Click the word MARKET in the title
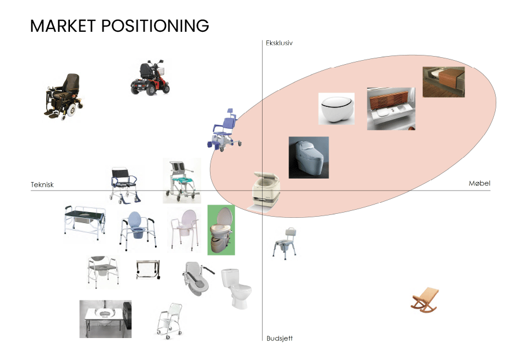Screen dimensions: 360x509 coord(62,26)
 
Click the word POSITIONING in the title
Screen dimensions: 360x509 coord(154,26)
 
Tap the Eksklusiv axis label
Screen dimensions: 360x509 coord(279,43)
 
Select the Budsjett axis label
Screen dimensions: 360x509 coord(279,338)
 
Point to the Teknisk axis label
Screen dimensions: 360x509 coord(42,185)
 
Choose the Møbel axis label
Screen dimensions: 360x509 coord(479,183)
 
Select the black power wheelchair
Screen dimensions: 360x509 coord(62,95)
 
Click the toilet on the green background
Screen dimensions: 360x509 coord(221,229)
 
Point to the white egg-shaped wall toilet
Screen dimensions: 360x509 coord(336,109)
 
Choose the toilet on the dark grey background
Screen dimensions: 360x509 coord(308,157)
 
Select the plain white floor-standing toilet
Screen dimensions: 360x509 coord(237,288)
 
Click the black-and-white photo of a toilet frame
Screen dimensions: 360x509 coord(105,319)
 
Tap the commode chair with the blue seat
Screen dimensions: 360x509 coord(137,229)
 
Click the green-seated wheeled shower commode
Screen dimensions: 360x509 coord(182,181)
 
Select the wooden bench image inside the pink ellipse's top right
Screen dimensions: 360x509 coord(443,81)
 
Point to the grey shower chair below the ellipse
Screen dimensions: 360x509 coord(285,241)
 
